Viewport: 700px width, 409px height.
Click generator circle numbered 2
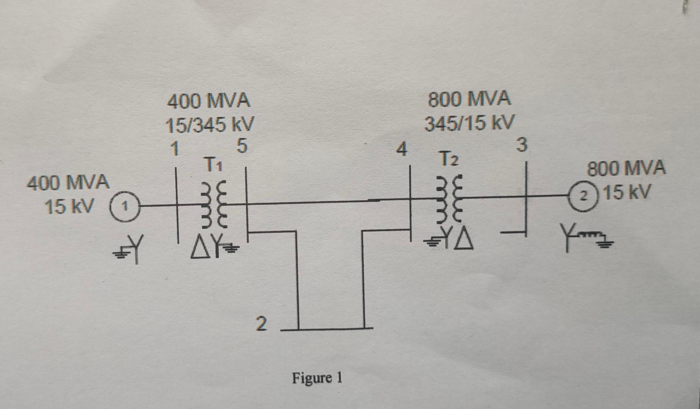click(585, 196)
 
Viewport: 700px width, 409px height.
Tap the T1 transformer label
click(214, 164)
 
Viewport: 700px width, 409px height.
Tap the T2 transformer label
click(449, 159)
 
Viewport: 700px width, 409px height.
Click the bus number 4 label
click(401, 149)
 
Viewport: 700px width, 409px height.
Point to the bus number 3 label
click(522, 145)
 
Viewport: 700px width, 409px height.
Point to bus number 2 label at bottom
click(261, 324)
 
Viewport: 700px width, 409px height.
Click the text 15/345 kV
click(210, 125)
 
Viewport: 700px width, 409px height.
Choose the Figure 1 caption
click(317, 378)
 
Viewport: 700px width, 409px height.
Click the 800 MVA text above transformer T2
click(469, 99)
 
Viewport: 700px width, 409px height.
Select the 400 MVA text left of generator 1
click(68, 183)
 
